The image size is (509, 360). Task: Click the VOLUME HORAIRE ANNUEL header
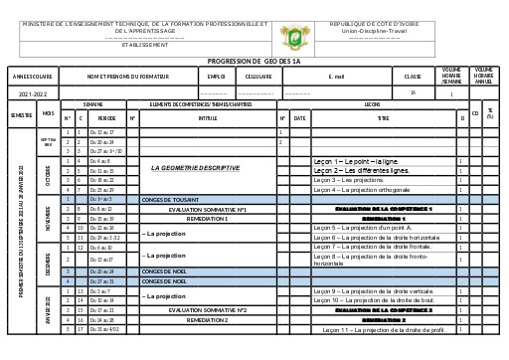point(484,75)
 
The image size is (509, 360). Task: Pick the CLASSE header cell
point(413,76)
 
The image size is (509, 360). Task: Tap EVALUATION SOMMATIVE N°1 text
point(207,209)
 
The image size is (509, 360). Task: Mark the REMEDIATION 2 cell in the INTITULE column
point(207,320)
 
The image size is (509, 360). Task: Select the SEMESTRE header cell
point(21,115)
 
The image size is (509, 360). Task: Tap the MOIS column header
point(48,113)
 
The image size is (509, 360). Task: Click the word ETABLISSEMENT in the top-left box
point(144,45)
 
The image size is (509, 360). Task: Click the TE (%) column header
point(490,114)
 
